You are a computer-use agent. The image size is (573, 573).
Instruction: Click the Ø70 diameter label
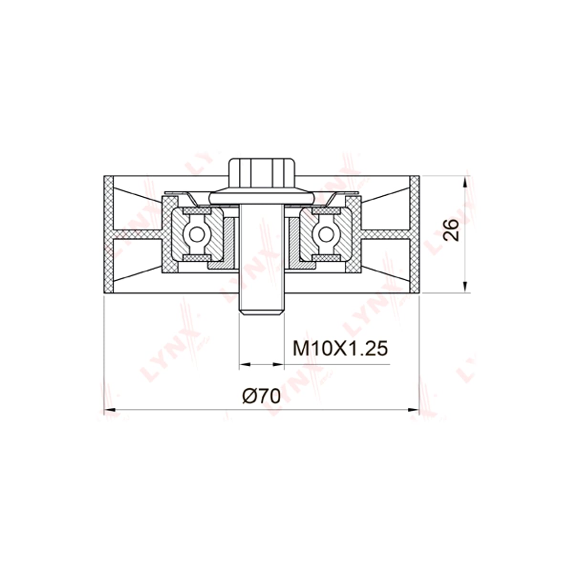tap(262, 396)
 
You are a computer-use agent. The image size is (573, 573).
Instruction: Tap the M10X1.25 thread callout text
tap(340, 348)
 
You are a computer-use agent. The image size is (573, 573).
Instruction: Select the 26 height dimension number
tap(451, 230)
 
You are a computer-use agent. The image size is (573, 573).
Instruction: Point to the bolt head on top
tap(261, 173)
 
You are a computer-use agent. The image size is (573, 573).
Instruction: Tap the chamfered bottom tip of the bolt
tap(261, 312)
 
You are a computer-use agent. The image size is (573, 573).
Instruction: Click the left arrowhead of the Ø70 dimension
tap(108, 410)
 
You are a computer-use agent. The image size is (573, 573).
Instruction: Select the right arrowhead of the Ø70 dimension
tap(414, 410)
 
